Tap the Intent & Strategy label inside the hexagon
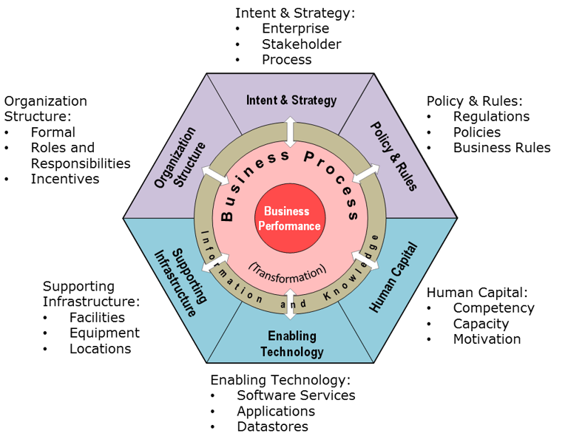click(291, 100)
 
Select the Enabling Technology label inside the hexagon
click(291, 344)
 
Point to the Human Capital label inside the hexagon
click(393, 277)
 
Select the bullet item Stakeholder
click(301, 44)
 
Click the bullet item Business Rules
click(501, 147)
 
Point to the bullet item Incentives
click(64, 179)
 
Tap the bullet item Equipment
click(104, 333)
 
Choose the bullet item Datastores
click(272, 426)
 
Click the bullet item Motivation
click(487, 339)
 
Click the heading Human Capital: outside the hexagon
click(477, 292)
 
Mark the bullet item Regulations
click(491, 116)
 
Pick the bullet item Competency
click(493, 307)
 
